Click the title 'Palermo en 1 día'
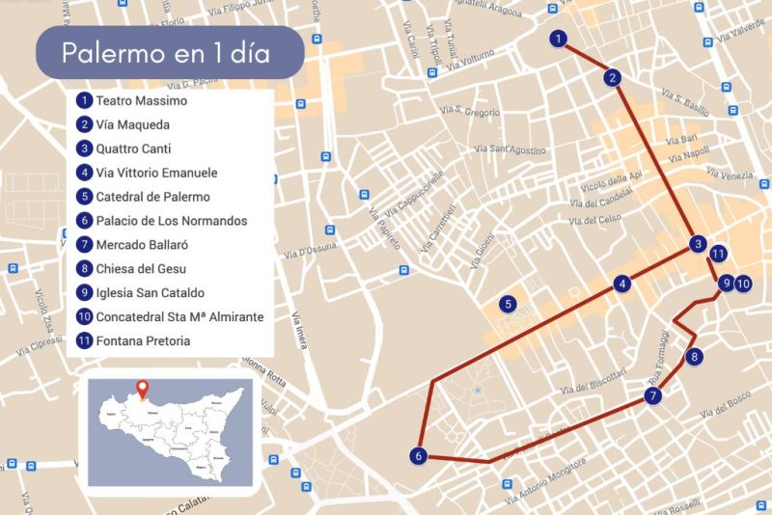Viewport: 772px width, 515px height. [x=166, y=52]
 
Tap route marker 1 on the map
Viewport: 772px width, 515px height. [x=558, y=40]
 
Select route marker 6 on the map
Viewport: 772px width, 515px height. [x=418, y=455]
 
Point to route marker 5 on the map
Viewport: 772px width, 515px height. [x=507, y=305]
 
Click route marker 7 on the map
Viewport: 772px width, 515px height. [x=653, y=395]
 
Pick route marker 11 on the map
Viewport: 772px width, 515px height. [x=717, y=254]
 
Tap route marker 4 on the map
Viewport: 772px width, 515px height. [x=623, y=285]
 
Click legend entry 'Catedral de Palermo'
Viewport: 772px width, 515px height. [x=152, y=197]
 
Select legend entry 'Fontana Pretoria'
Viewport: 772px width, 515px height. [x=143, y=340]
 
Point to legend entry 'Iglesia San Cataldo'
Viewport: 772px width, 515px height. [x=150, y=292]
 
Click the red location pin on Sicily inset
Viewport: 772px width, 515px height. [x=144, y=390]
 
